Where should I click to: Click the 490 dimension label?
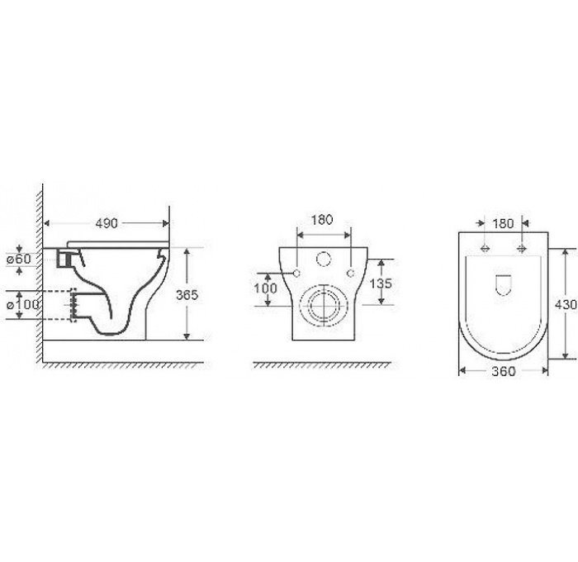pyautogui.click(x=105, y=223)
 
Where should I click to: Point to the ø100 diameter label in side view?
pyautogui.click(x=22, y=304)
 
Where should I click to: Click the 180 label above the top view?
pyautogui.click(x=503, y=224)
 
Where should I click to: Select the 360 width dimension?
pyautogui.click(x=503, y=371)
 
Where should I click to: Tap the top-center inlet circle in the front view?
pyautogui.click(x=322, y=260)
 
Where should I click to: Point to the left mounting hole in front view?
pyautogui.click(x=295, y=271)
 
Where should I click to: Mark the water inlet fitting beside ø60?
pyautogui.click(x=66, y=259)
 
